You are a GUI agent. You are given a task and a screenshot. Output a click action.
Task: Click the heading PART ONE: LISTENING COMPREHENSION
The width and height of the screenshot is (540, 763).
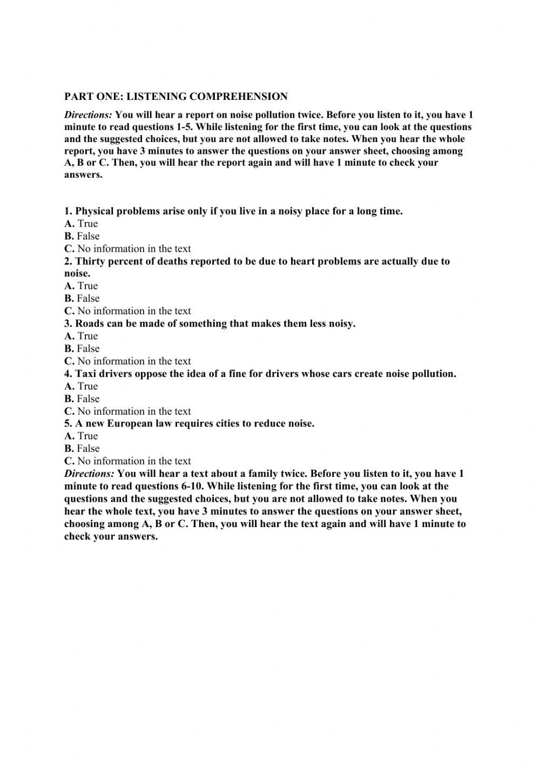click(x=176, y=97)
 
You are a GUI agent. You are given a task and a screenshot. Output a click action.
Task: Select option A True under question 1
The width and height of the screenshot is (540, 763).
click(x=81, y=224)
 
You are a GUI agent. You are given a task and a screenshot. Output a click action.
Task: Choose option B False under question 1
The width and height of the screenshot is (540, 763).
click(x=82, y=236)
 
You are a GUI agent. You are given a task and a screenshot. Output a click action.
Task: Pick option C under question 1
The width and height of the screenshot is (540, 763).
click(x=127, y=248)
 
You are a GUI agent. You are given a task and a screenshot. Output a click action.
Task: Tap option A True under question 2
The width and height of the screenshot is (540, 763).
click(x=81, y=286)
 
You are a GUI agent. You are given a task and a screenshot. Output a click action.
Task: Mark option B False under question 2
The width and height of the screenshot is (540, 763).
click(x=82, y=298)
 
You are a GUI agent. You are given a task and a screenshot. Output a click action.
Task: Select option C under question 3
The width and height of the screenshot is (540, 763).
click(x=127, y=361)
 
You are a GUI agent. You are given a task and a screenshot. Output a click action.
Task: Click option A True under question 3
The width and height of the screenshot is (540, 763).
click(x=81, y=336)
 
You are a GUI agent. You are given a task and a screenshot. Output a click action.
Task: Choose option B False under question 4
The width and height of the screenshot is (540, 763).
click(x=82, y=399)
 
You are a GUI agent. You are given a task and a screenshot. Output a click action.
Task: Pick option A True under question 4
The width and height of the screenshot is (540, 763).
click(x=81, y=386)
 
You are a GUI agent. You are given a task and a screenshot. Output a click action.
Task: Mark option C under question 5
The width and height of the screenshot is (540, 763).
click(x=127, y=461)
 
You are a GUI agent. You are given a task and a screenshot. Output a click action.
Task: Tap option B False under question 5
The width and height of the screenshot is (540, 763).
click(x=82, y=448)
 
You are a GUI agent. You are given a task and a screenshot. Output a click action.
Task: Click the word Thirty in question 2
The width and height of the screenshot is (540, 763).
click(x=90, y=261)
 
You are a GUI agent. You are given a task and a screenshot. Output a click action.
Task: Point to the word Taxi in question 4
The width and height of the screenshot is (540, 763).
click(x=86, y=374)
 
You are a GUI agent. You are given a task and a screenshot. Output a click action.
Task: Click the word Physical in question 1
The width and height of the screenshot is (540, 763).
click(x=95, y=211)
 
